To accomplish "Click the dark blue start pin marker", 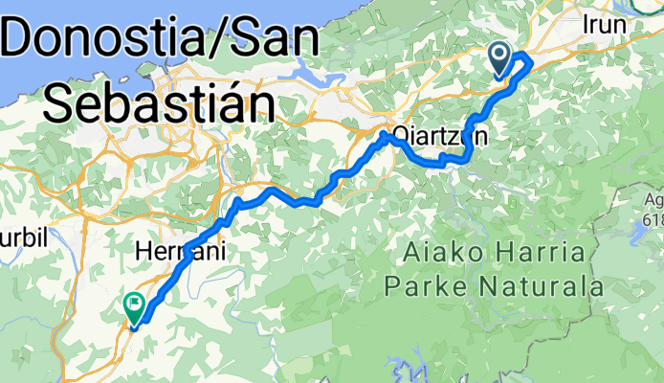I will [500, 57].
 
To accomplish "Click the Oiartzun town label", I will [439, 136].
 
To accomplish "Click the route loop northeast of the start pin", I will [525, 64].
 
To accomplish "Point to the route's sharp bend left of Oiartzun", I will [386, 136].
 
